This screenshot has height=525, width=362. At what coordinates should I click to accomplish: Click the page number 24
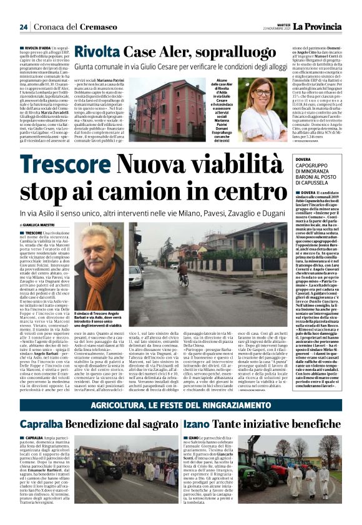pos(23,27)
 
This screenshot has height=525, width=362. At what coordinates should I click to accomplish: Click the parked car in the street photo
pos(136,275)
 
